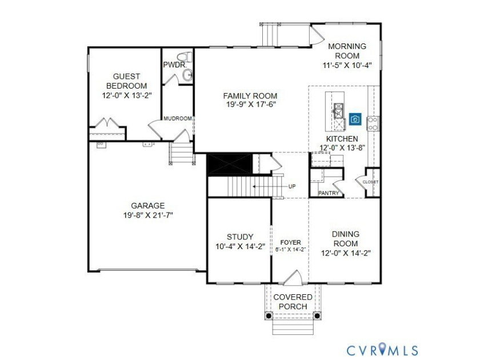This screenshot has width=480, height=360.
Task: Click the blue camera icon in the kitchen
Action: [x=355, y=119]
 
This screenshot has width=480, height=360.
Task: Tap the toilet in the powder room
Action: [x=184, y=57]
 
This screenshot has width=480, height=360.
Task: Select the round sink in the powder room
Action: [x=187, y=75]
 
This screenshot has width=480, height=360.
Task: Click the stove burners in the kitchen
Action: [x=373, y=123]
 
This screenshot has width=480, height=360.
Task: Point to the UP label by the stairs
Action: [x=292, y=186]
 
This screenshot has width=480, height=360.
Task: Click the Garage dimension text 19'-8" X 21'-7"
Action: [x=148, y=215]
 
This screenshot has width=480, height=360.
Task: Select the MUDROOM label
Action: [x=178, y=118]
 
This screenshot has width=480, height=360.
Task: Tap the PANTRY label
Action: [x=329, y=193]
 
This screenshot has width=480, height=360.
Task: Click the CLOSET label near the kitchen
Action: [x=370, y=182]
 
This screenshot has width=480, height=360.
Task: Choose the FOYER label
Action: [x=290, y=242]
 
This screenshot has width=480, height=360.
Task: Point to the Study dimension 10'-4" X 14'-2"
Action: [x=241, y=246]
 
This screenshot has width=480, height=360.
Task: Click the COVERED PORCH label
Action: [x=293, y=302]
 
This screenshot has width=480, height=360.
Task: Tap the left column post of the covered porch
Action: [x=269, y=315]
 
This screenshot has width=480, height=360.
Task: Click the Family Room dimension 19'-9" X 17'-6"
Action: [x=251, y=105]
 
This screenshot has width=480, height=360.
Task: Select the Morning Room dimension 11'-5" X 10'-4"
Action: [x=347, y=65]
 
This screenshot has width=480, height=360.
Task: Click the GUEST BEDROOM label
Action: [x=127, y=81]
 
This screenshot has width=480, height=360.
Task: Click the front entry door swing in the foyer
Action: [x=293, y=277]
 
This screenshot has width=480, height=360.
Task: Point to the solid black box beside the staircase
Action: [x=230, y=165]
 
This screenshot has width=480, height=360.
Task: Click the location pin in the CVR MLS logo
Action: [x=382, y=349]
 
